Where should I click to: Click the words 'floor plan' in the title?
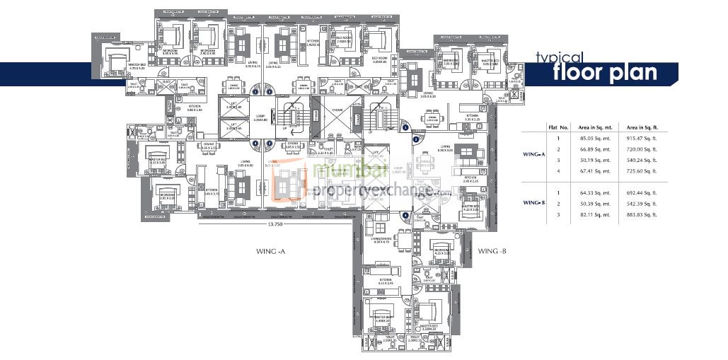click(x=604, y=73)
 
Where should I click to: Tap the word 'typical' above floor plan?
click(x=558, y=57)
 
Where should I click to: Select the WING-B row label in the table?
click(x=533, y=203)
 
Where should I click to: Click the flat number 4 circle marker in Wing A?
click(x=255, y=144)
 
